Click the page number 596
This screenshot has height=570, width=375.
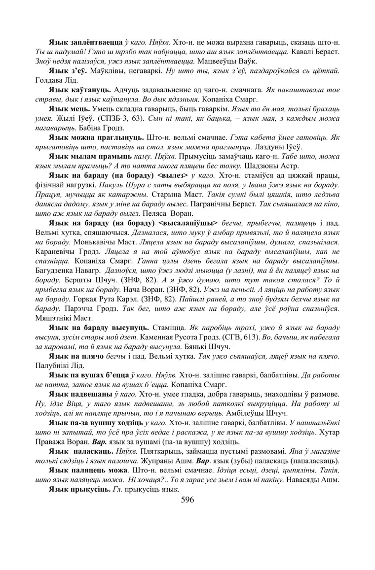187,500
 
